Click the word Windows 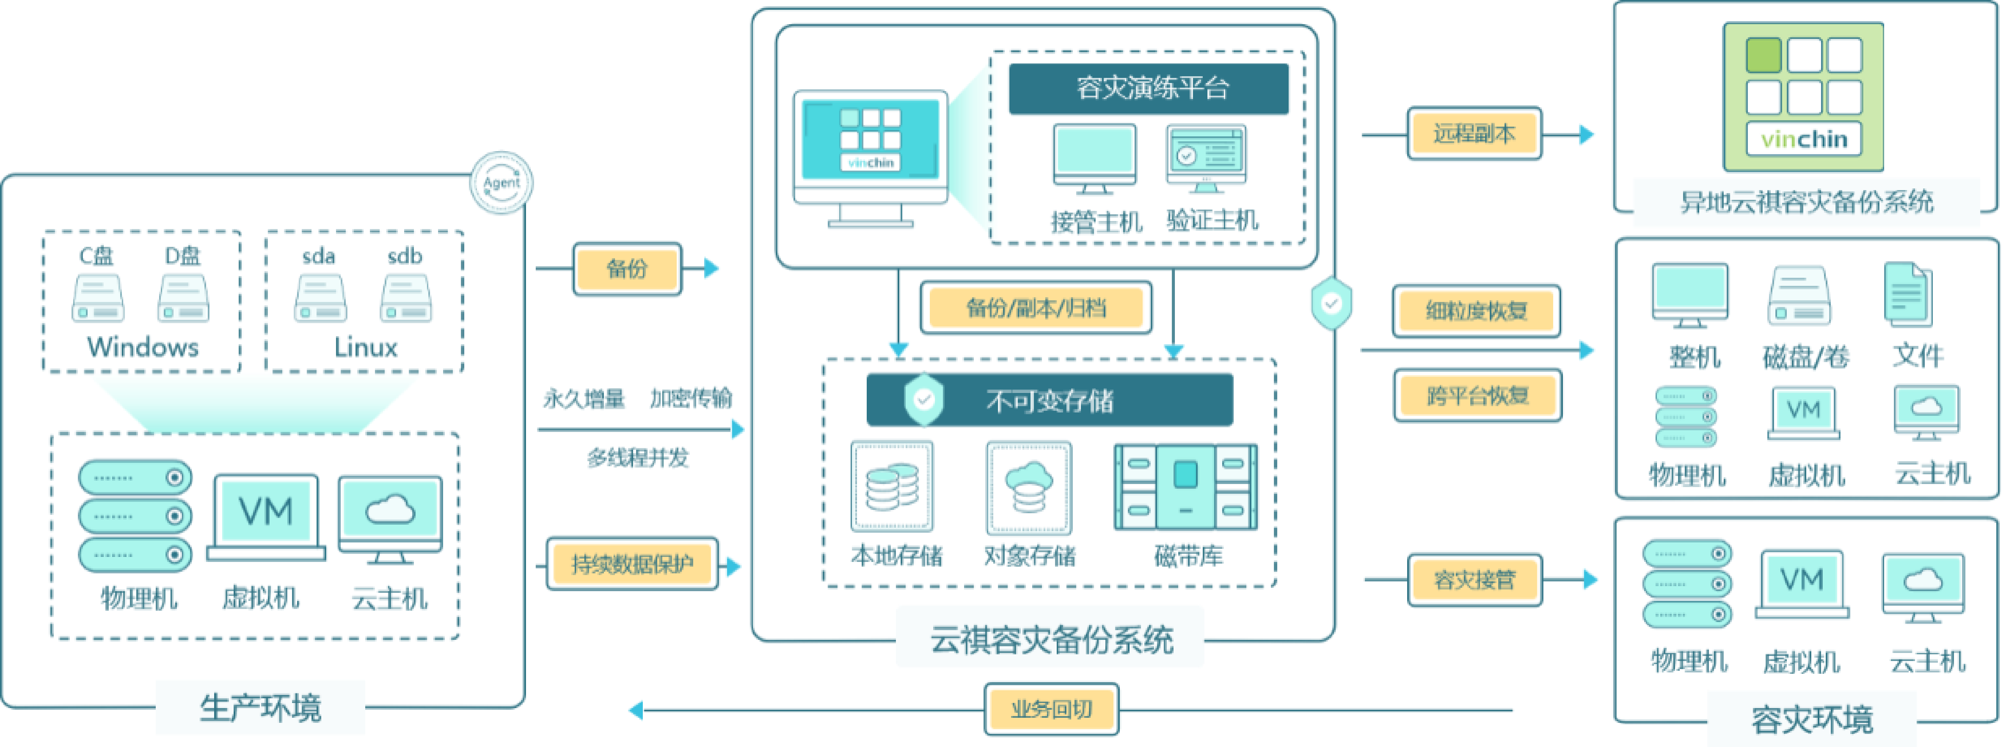pos(143,347)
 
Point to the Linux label pos(365,347)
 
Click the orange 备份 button pos(627,269)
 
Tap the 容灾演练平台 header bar pos(1149,88)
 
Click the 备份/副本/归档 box pos(1036,308)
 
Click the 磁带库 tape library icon pos(1185,487)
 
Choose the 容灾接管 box pos(1474,579)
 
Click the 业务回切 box pos(1051,709)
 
